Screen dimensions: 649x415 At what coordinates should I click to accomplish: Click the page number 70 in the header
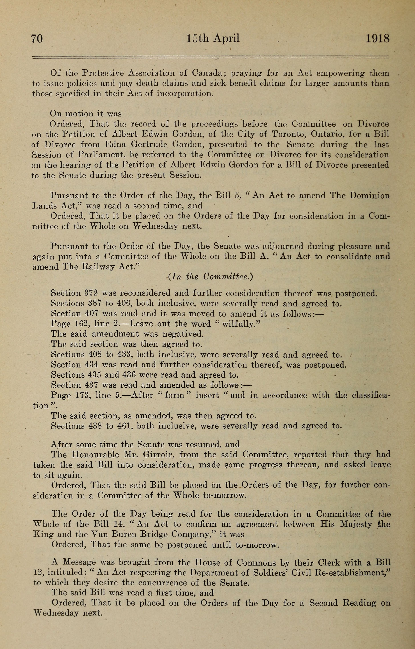point(37,38)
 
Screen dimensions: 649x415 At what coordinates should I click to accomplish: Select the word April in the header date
point(226,38)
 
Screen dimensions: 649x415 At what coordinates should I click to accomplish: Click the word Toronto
point(288,134)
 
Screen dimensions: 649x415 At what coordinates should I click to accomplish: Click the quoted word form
point(174,395)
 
